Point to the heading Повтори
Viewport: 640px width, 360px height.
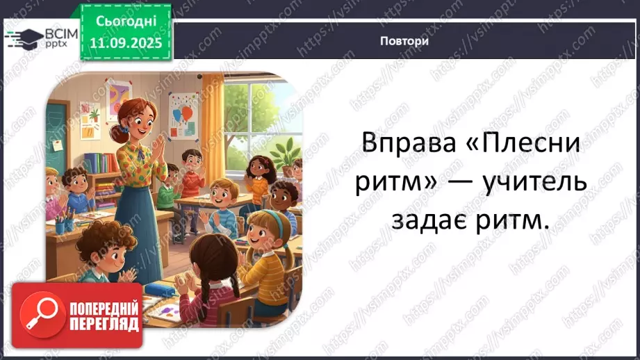tap(404, 40)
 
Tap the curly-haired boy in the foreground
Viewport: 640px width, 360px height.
tap(97, 257)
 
